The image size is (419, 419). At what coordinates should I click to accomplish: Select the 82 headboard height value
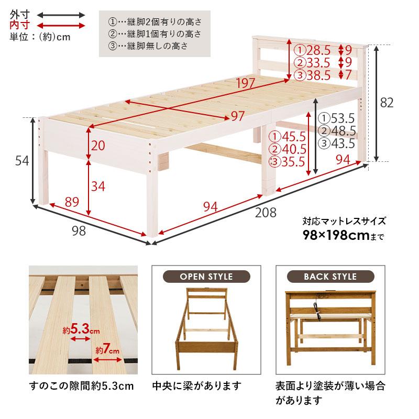(x=386, y=103)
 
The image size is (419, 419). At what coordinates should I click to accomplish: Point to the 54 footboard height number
(x=21, y=161)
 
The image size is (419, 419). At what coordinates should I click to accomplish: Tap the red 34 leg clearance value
(x=98, y=184)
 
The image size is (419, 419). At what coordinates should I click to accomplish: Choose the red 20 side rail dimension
(x=97, y=146)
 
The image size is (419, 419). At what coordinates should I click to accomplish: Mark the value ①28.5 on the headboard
(x=313, y=50)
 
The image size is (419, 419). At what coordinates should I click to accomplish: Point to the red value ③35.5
(x=286, y=161)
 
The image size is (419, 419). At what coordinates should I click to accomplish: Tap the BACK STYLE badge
(x=330, y=277)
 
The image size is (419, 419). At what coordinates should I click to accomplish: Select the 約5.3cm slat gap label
(x=81, y=329)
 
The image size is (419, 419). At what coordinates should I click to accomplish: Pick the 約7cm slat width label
(x=108, y=350)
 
